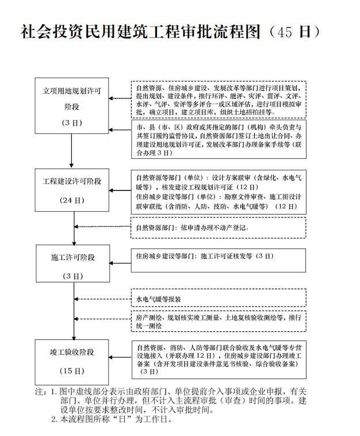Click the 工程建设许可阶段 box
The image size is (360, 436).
[72, 190]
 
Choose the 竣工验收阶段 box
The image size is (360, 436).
[72, 360]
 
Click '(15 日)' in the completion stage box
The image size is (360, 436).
[72, 370]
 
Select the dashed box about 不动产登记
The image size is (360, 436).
[218, 228]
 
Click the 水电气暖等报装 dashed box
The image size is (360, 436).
[218, 299]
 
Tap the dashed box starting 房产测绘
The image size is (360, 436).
[218, 322]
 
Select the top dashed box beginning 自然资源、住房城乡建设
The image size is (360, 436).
[218, 100]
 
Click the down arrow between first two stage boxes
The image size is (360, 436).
[72, 151]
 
